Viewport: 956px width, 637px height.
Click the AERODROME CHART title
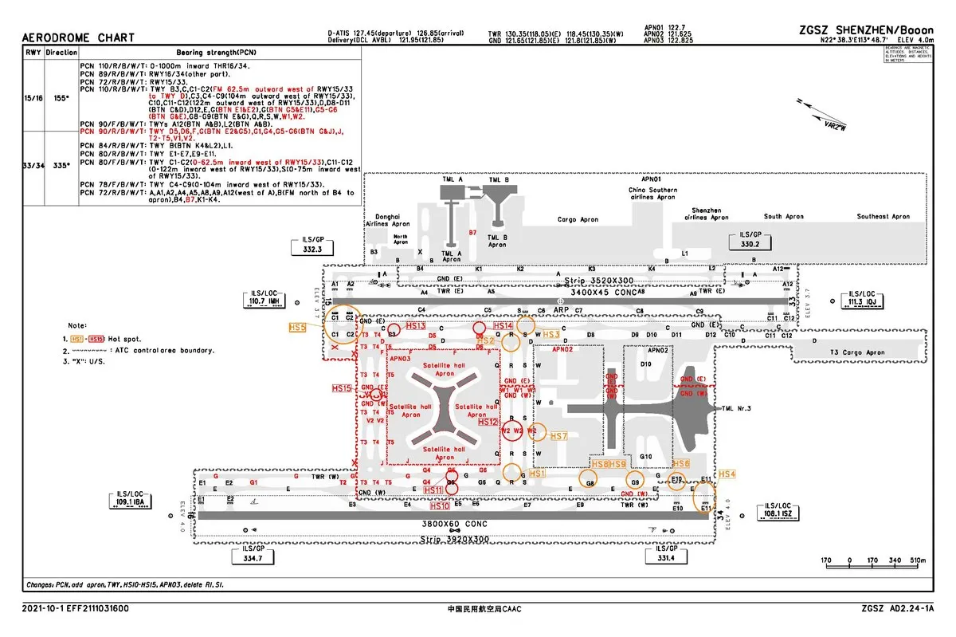point(77,37)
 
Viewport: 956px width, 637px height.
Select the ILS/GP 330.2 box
point(750,241)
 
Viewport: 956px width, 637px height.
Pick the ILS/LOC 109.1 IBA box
point(130,500)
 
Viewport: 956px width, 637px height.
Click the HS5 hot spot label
point(298,327)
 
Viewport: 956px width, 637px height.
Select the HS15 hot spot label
point(342,388)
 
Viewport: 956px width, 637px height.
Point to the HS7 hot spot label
point(558,436)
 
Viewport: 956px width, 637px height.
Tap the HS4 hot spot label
point(727,474)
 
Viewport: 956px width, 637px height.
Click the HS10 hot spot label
point(440,505)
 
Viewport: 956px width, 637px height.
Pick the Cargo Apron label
point(578,219)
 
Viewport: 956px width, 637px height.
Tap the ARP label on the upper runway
point(561,310)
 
